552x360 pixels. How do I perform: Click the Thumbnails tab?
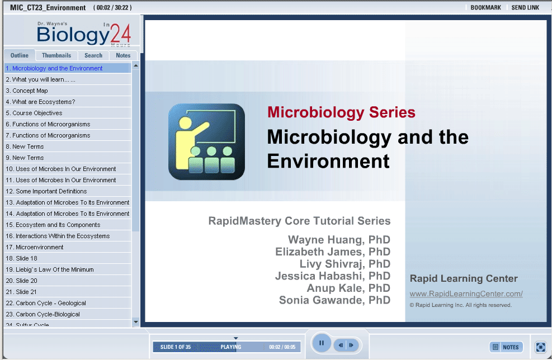(x=56, y=55)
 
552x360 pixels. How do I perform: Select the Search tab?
(x=93, y=55)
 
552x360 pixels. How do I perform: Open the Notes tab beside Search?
(x=123, y=55)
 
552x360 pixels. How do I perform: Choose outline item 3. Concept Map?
(x=27, y=91)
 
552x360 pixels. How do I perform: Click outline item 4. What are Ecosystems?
(x=40, y=102)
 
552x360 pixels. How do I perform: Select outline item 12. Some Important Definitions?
(x=46, y=191)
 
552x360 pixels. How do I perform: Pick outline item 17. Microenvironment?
(x=35, y=248)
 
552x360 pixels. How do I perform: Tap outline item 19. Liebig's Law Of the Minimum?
(x=50, y=269)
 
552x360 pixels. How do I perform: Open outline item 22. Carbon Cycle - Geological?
(x=46, y=304)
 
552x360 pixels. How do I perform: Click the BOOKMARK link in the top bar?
(x=485, y=8)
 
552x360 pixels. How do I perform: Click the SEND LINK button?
(x=525, y=8)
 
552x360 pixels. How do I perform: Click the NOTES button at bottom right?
(x=506, y=347)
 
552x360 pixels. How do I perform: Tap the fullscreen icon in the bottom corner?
(x=540, y=347)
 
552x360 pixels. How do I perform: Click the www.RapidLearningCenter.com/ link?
(x=466, y=294)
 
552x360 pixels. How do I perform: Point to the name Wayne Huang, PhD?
(x=339, y=240)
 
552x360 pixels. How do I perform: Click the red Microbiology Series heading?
(x=341, y=112)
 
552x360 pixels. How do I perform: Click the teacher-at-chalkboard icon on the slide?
(x=206, y=142)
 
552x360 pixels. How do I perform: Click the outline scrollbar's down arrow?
(x=136, y=322)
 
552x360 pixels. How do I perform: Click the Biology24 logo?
(x=84, y=34)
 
